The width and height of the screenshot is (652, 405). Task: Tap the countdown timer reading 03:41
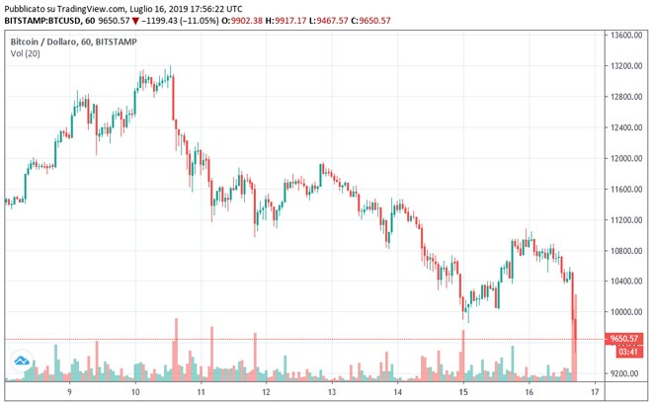[x=626, y=351]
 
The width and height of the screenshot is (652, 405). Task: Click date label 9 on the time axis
[x=70, y=391]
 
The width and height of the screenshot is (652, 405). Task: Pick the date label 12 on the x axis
[x=267, y=391]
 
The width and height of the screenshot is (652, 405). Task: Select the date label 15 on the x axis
[x=462, y=391]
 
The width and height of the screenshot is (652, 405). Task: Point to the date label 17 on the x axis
[x=594, y=391]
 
